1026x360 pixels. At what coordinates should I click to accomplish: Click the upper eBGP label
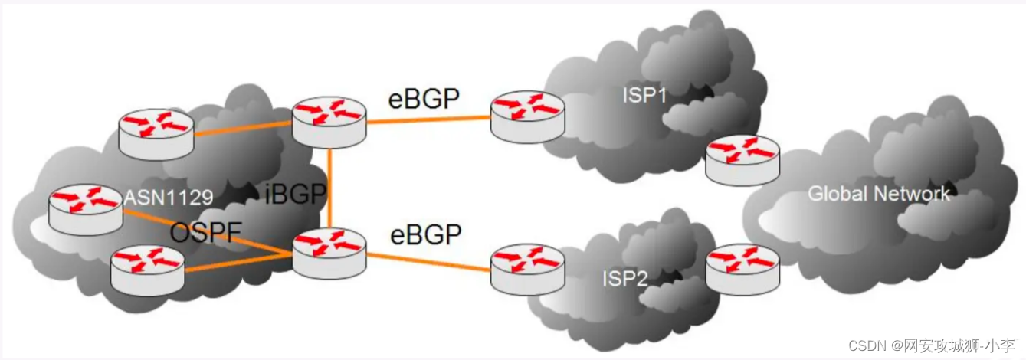423,99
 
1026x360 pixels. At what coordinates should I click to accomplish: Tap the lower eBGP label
425,234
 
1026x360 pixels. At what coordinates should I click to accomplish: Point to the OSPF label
205,233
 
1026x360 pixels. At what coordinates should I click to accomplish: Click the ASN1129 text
169,199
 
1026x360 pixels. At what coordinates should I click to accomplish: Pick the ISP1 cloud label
645,97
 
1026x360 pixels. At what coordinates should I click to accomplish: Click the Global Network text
879,194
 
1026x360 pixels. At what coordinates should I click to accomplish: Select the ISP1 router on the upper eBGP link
527,116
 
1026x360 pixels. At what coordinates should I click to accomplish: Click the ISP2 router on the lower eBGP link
527,268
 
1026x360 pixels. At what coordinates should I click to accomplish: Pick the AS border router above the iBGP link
329,121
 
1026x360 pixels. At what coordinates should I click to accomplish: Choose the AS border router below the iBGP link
329,253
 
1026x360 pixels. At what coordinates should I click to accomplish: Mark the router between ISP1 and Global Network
742,159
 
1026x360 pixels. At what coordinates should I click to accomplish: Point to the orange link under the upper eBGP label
429,119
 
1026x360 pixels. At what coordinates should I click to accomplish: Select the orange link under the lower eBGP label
429,261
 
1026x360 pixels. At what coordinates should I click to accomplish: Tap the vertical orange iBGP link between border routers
329,188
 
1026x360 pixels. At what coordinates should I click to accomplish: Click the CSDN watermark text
943,344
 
